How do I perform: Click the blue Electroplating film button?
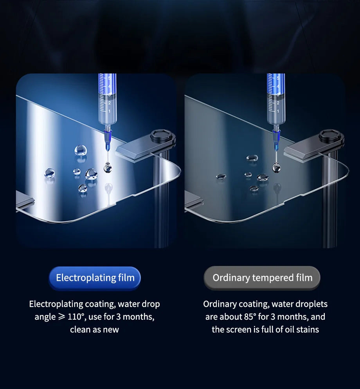pos(95,278)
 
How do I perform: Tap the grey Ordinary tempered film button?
pos(262,278)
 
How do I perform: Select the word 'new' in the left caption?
pos(111,329)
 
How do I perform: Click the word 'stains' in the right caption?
pos(307,329)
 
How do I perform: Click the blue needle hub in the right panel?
pos(276,137)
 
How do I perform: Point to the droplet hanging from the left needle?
pos(107,168)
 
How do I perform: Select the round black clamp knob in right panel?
pos(331,137)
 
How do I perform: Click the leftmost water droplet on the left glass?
pos(50,173)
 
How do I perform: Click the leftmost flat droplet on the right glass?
pos(221,177)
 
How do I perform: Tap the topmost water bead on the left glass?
pos(81,149)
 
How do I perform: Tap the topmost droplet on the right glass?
pos(252,158)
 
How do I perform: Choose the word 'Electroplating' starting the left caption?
pos(56,304)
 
